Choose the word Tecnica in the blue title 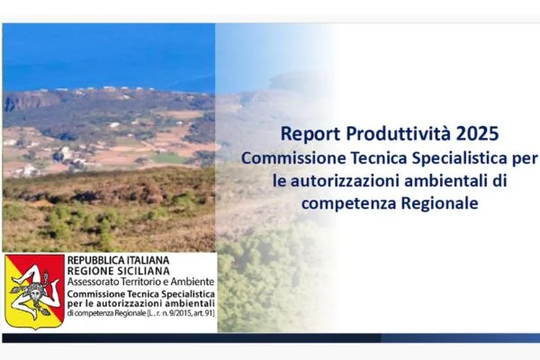click(383, 158)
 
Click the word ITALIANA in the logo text click(160, 262)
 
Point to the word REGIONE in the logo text click(94, 272)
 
